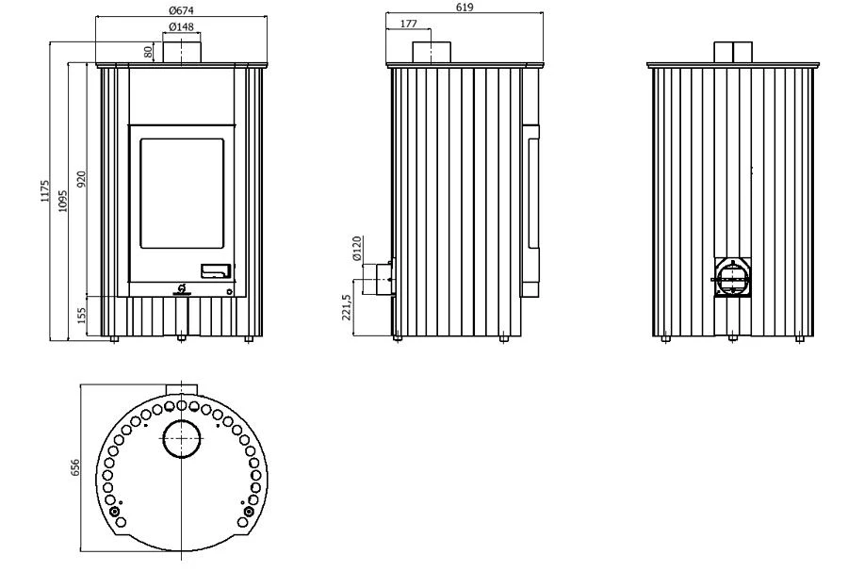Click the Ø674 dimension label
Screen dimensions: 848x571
[181, 9]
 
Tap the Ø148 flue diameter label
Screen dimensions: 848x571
[181, 26]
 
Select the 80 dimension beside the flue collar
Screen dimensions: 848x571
[148, 52]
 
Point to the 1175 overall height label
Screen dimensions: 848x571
[44, 191]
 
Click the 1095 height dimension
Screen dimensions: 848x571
[63, 201]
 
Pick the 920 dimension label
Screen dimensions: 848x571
[81, 179]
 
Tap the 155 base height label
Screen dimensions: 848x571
[81, 316]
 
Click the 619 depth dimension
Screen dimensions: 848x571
[465, 7]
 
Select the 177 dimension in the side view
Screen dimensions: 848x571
[409, 24]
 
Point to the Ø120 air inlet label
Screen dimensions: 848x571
[356, 248]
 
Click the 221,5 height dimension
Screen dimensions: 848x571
[347, 308]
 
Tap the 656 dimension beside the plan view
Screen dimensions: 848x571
[74, 467]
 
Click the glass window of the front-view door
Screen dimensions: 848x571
[182, 193]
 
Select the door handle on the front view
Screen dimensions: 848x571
[216, 271]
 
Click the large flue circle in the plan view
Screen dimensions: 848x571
[182, 438]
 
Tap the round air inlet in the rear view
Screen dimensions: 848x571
[732, 278]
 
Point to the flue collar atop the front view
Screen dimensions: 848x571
[182, 52]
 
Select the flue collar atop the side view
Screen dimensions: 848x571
[432, 53]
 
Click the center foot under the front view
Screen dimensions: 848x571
[181, 339]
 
